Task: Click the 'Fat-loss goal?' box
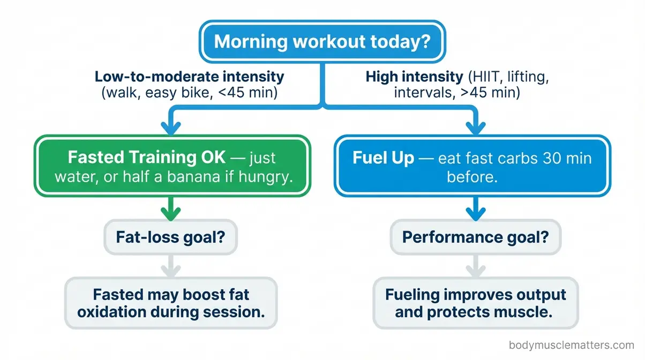click(171, 236)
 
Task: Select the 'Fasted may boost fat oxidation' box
click(171, 303)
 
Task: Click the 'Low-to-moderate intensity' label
click(189, 76)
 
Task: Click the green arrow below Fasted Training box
click(171, 207)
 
